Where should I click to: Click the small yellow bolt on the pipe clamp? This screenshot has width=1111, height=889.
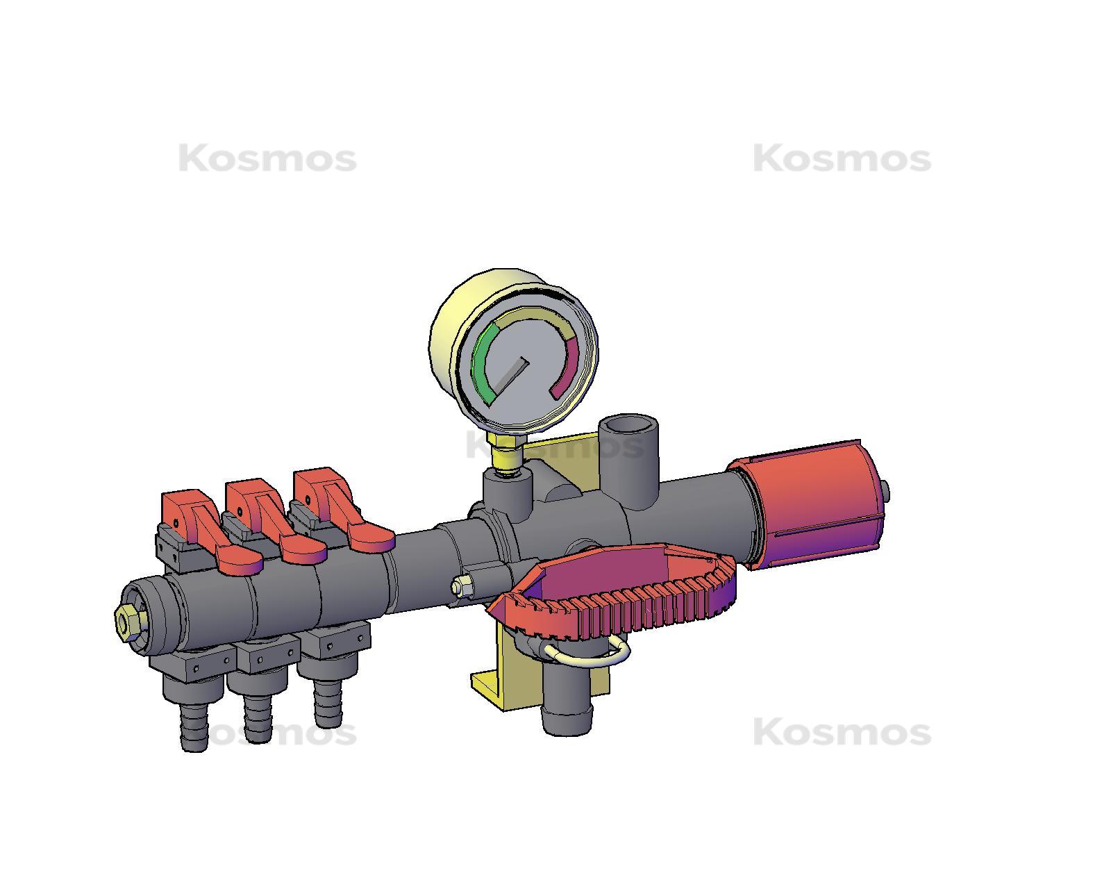tap(458, 588)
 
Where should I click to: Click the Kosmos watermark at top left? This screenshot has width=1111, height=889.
tap(267, 159)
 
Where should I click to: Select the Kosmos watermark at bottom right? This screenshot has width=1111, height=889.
tap(842, 733)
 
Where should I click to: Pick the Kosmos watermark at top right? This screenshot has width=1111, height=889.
tap(842, 159)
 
